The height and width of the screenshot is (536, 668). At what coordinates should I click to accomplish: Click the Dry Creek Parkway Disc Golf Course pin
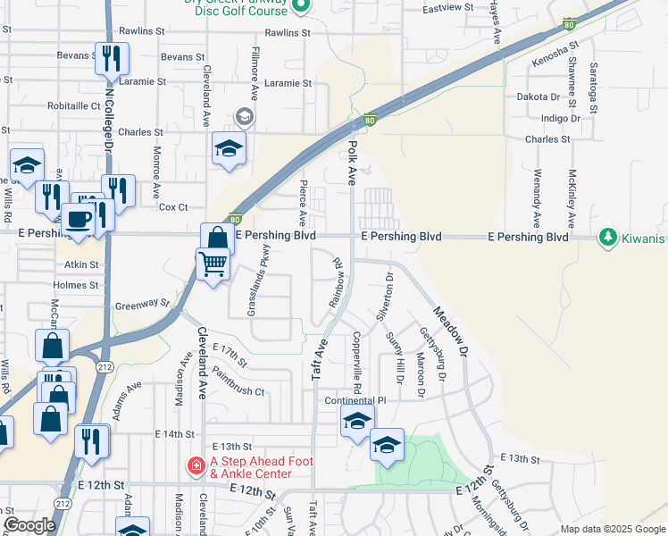301,7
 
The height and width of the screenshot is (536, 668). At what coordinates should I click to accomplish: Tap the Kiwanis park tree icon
608,238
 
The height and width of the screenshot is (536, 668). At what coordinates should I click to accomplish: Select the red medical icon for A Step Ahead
196,465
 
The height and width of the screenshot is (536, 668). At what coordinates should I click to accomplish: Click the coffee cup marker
78,219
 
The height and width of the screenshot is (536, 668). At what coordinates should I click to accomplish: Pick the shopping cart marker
213,264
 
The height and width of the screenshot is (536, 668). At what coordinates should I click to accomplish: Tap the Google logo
29,526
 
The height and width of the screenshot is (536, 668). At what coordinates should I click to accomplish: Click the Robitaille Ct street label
79,105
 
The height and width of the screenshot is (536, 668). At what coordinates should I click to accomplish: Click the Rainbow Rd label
338,283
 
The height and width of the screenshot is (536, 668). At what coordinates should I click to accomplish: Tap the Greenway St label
142,305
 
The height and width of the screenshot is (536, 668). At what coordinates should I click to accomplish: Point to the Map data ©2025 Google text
613,529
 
